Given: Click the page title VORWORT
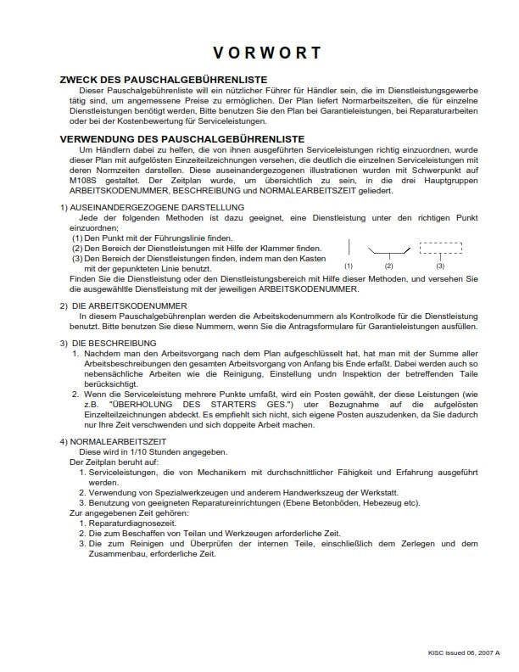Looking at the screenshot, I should pyautogui.click(x=267, y=53).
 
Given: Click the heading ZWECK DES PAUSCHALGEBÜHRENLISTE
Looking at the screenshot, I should pyautogui.click(x=153, y=80).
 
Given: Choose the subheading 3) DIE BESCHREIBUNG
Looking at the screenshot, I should pyautogui.click(x=104, y=343).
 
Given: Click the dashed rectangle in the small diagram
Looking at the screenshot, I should pyautogui.click(x=440, y=249).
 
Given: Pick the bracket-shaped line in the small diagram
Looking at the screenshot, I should pyautogui.click(x=389, y=252).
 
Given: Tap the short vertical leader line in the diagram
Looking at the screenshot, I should pyautogui.click(x=349, y=249).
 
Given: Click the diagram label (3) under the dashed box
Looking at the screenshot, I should pyautogui.click(x=440, y=266).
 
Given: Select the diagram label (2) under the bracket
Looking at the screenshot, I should pyautogui.click(x=389, y=266).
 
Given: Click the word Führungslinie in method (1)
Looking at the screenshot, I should pyautogui.click(x=169, y=238).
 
